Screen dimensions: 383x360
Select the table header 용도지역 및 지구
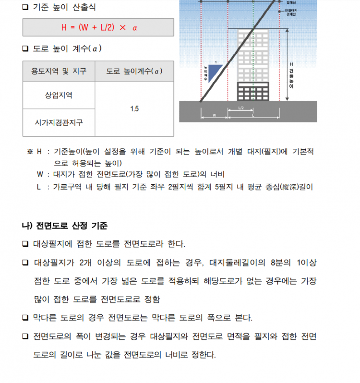click(59, 72)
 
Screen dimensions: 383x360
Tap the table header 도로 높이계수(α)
click(134, 72)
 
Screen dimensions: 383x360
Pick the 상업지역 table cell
click(59, 95)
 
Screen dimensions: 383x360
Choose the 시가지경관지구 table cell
click(59, 122)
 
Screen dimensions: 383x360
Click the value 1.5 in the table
click(134, 109)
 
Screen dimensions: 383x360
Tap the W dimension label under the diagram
click(214, 116)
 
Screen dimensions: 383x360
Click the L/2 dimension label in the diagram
click(241, 108)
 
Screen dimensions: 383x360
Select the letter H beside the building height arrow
click(291, 64)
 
